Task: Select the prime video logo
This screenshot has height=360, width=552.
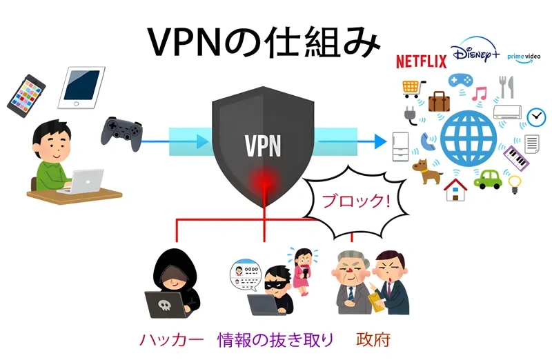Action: click(x=525, y=55)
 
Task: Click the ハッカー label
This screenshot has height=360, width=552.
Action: click(x=172, y=339)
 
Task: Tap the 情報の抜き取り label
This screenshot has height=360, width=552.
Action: click(x=276, y=339)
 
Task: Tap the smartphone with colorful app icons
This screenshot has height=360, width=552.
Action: click(x=26, y=96)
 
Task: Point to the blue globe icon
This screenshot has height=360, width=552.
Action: click(x=466, y=139)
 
